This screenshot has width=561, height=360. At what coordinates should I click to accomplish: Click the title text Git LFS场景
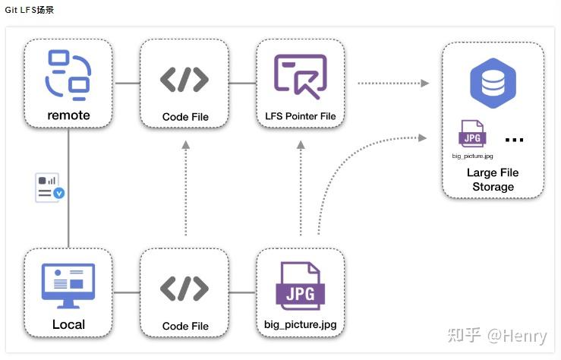pos(29,10)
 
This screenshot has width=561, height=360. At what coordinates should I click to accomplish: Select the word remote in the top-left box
pos(68,115)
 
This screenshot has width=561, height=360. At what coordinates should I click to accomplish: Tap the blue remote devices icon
pos(68,74)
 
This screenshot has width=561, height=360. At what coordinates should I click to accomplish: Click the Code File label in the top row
pos(185,117)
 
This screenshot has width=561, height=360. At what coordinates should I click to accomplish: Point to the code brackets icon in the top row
pos(184,79)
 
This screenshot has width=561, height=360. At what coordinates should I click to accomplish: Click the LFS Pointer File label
pos(301,116)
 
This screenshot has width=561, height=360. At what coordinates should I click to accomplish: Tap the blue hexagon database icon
pos(493,82)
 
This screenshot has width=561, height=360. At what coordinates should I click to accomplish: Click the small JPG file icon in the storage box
pos(472,134)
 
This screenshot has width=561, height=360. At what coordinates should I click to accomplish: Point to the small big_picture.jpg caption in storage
pos(472,155)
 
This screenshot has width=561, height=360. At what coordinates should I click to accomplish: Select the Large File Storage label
pos(493,179)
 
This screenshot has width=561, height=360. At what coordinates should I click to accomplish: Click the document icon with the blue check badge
pos(49,188)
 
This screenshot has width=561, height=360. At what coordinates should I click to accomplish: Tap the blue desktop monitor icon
pos(68,286)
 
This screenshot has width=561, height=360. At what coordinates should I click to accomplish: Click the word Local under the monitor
pos(68,324)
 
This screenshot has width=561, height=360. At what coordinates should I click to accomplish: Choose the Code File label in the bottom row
pos(185,326)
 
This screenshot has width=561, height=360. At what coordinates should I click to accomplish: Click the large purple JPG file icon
pos(301,286)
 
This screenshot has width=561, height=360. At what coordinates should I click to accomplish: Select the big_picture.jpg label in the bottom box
pos(301,325)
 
